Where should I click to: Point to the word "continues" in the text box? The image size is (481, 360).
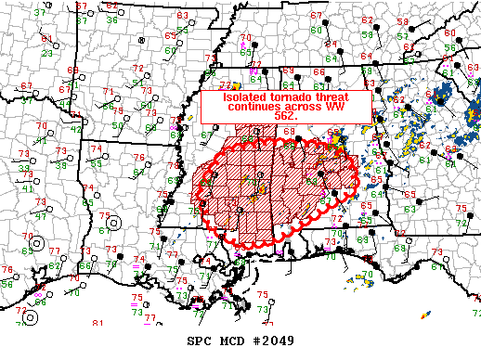pos(232,108)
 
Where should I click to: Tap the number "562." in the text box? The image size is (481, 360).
pos(286,118)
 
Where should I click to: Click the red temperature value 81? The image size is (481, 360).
pos(98,324)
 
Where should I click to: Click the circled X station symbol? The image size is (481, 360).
pos(141,41)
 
